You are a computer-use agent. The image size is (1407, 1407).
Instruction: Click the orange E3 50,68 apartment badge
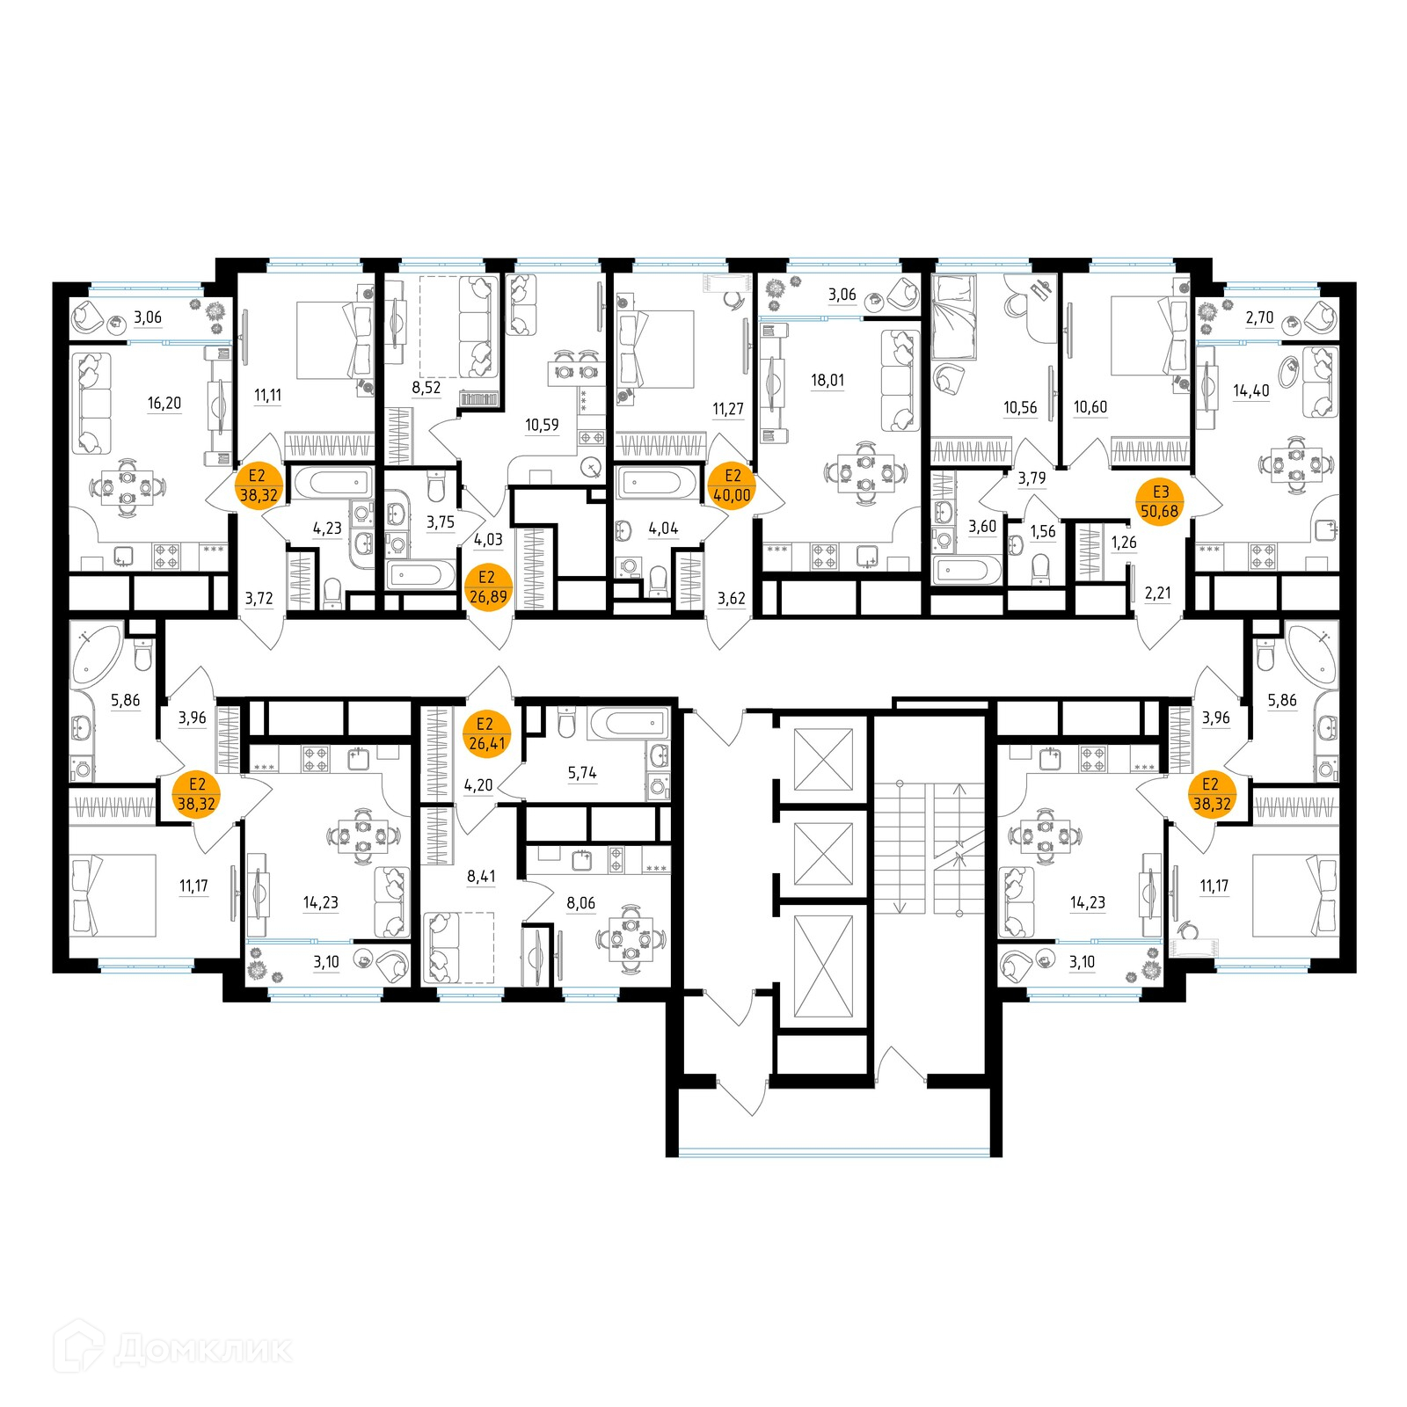coord(1160,502)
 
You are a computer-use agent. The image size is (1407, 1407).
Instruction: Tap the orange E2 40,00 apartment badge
coord(732,485)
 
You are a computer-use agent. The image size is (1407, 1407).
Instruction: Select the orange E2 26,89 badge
coord(487,587)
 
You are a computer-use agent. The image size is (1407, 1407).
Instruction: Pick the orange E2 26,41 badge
coord(486,733)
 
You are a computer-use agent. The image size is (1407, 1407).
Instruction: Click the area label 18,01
coord(827,380)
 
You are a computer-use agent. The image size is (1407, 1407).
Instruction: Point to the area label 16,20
coord(164,403)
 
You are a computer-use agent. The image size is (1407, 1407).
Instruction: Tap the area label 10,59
coord(542,425)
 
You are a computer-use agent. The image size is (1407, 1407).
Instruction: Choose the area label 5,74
coord(582,773)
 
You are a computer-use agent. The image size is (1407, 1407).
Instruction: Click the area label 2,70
coord(1259,317)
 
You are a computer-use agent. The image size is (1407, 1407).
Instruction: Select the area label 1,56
coord(1042,531)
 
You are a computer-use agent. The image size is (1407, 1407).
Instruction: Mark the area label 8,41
coord(481,876)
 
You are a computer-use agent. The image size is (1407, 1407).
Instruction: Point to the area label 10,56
coord(1020,407)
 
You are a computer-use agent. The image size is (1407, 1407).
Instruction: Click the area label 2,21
coord(1157,593)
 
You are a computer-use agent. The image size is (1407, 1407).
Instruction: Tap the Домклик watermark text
coord(202,1348)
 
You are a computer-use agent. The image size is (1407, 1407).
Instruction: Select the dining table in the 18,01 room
coord(866,472)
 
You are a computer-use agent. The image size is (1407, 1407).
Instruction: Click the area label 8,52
coord(426,387)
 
